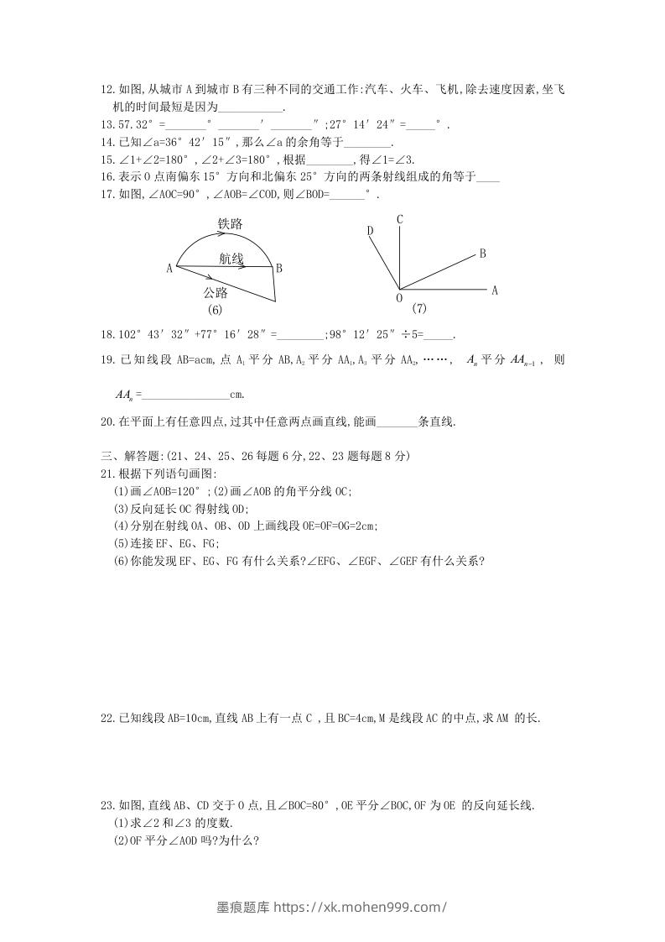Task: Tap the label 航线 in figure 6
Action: (231, 259)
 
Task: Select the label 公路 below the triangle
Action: (216, 292)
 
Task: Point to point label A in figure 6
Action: (169, 269)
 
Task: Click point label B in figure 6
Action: (278, 269)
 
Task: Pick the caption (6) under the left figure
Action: (216, 310)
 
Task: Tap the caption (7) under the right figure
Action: (420, 308)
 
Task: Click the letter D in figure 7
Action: (370, 231)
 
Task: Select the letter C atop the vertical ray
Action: (400, 220)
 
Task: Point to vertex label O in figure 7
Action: (398, 298)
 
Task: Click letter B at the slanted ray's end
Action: (483, 253)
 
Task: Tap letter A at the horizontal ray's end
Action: (495, 290)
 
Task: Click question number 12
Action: (107, 88)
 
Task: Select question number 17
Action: (107, 195)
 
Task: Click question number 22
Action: (107, 718)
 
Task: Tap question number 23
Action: (107, 806)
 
